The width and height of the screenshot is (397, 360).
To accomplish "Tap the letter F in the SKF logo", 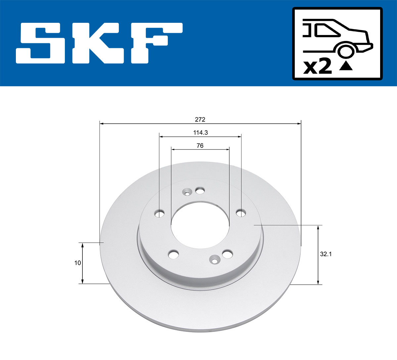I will point(155,43).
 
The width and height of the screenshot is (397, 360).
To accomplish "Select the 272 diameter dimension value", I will point(200,119).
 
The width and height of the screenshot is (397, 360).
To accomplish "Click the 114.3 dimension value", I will point(200,133).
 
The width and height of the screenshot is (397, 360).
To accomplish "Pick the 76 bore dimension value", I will point(200,145).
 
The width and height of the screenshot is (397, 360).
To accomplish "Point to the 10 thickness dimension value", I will point(77,263).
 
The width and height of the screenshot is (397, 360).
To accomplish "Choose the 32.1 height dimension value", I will point(326,254).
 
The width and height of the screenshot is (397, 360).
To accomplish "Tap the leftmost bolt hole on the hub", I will point(160,213).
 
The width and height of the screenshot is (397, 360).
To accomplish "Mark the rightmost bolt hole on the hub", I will point(241,212).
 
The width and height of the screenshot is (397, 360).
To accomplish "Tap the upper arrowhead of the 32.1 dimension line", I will point(318,227).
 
